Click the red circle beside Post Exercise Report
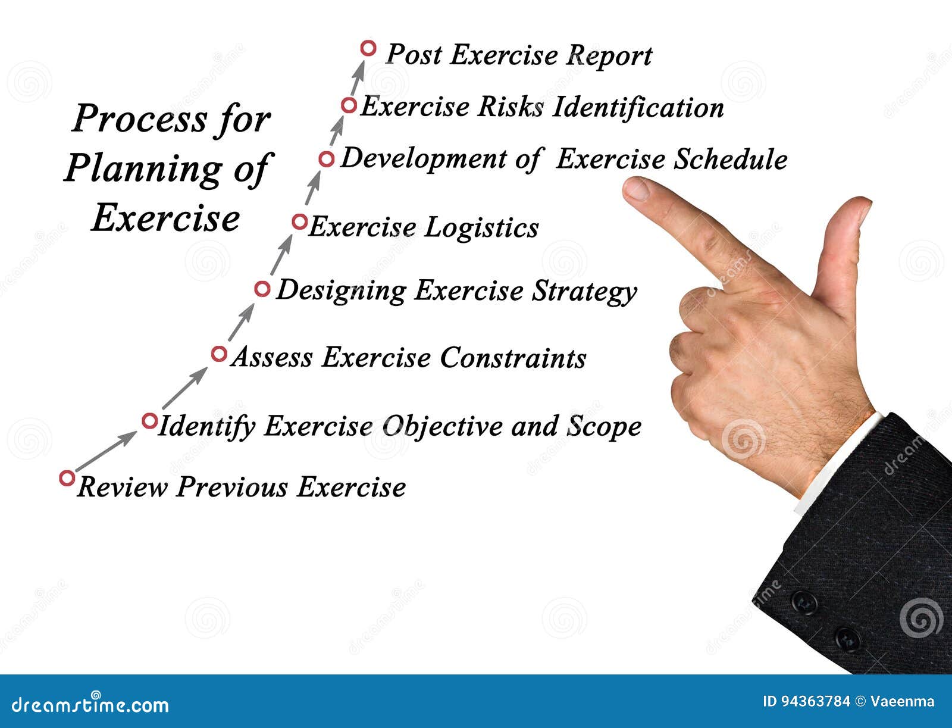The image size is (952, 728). click(x=368, y=48)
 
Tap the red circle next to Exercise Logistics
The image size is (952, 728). click(x=299, y=222)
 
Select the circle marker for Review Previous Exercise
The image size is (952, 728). click(x=67, y=478)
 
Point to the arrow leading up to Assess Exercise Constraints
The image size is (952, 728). click(x=184, y=388)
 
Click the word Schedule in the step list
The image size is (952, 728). click(x=730, y=159)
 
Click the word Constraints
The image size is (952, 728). click(x=513, y=358)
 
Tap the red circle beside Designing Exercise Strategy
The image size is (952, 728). click(x=262, y=289)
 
